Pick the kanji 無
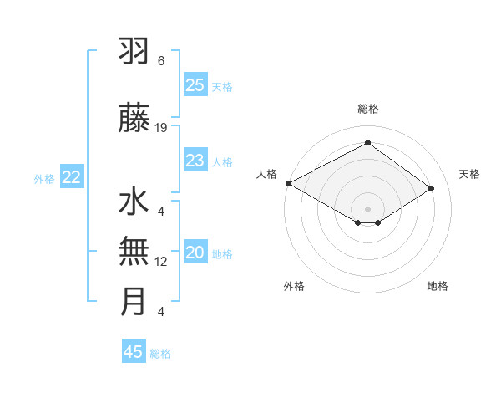click(x=134, y=252)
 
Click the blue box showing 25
click(x=195, y=85)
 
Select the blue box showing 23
click(x=195, y=161)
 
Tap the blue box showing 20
click(x=195, y=253)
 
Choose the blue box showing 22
click(x=72, y=177)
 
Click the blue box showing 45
click(x=134, y=352)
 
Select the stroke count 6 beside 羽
click(x=161, y=61)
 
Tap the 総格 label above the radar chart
click(x=367, y=109)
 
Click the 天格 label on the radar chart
click(x=469, y=174)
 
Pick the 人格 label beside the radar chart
click(x=266, y=174)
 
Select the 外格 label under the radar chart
click(x=294, y=286)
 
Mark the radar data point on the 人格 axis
click(x=288, y=183)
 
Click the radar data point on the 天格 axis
click(x=432, y=189)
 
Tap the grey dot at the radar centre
click(x=367, y=207)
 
